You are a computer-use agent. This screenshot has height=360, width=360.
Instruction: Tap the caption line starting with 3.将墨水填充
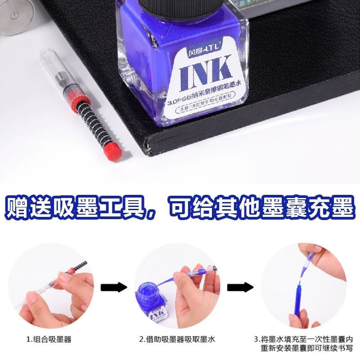pos(303,339)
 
